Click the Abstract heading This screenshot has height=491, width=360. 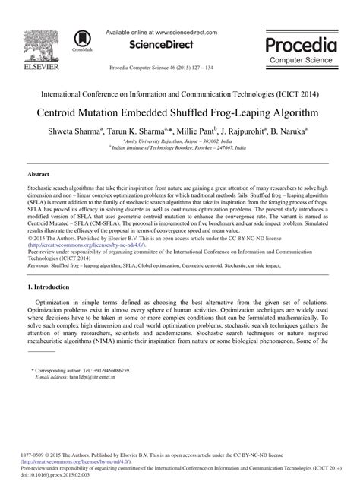(x=38, y=174)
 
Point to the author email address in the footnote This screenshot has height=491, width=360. (x=86, y=376)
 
